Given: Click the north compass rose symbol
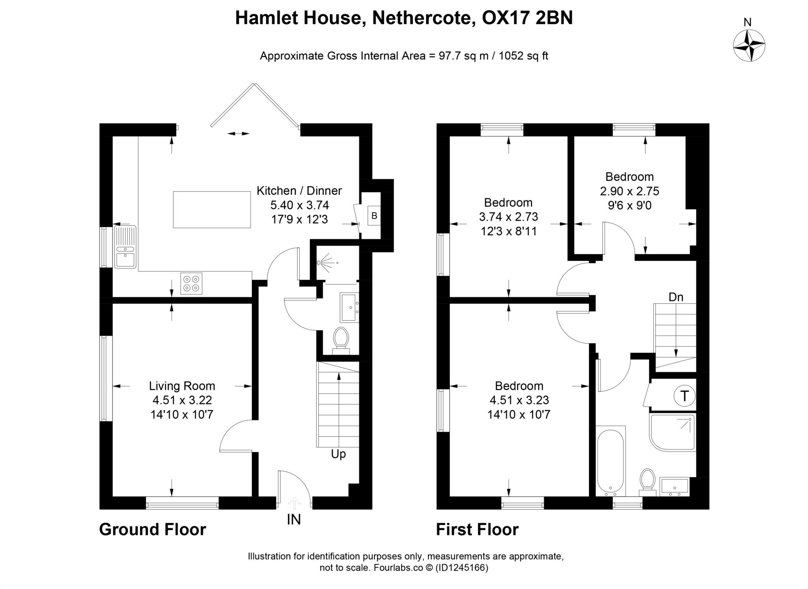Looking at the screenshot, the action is click(x=749, y=45).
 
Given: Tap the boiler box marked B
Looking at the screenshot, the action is click(x=374, y=216).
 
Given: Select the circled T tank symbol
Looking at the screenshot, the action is click(x=685, y=396).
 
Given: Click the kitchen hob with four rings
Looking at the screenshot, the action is click(x=191, y=284).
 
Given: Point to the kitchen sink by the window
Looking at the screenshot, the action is click(x=125, y=247).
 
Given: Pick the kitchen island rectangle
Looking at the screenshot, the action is click(x=212, y=209).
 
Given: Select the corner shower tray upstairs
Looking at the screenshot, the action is click(x=672, y=432).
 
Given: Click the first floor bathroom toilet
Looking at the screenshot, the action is click(x=647, y=482).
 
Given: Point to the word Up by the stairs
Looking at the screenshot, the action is click(x=339, y=454).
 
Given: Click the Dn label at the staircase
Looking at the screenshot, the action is click(x=676, y=297).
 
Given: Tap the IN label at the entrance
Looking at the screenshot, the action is click(x=294, y=520).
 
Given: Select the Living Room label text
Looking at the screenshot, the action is click(x=182, y=386).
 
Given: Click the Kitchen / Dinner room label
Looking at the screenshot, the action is click(x=299, y=191).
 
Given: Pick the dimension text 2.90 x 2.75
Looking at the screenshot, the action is click(x=629, y=191).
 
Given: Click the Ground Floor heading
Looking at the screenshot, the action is click(x=153, y=529).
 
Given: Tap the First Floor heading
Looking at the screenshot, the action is click(x=477, y=529).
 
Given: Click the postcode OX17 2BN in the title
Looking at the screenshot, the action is click(x=527, y=18).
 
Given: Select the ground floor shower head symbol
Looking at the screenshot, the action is click(x=324, y=262).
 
